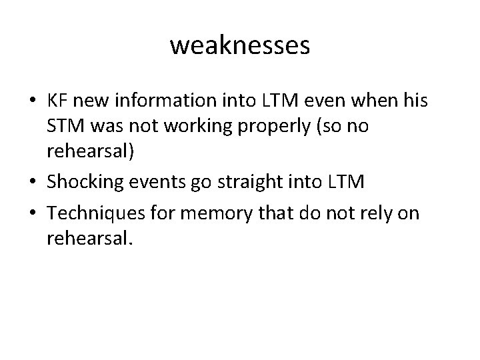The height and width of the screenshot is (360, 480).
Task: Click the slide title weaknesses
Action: click(240, 45)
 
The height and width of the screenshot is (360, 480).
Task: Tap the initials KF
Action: click(57, 104)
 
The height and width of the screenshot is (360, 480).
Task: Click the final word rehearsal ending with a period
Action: click(90, 238)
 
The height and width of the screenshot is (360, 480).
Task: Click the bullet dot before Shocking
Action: click(33, 183)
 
